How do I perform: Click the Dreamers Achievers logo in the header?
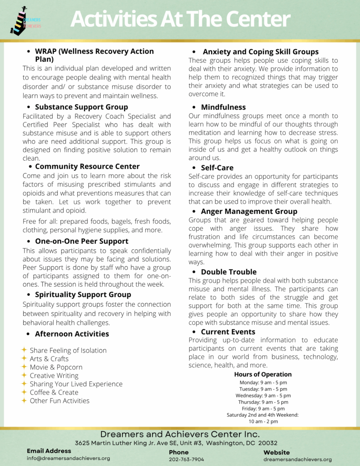(x=25, y=21)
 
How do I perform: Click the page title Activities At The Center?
(x=180, y=19)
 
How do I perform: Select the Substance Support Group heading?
(x=81, y=107)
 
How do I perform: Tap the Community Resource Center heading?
(x=87, y=167)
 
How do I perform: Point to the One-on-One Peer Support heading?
(x=81, y=241)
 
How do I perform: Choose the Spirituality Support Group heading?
(x=83, y=294)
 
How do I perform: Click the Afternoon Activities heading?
(x=72, y=334)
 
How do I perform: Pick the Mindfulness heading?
(x=223, y=107)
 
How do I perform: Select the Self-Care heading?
(x=217, y=168)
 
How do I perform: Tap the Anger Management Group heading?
(x=249, y=211)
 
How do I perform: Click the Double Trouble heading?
(x=228, y=272)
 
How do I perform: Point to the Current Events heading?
(x=228, y=332)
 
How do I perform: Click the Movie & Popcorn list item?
(x=56, y=367)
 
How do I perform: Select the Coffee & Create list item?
(x=54, y=392)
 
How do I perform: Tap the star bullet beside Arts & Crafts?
(x=24, y=359)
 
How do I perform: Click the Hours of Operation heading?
(x=263, y=375)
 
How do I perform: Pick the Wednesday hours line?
(x=263, y=395)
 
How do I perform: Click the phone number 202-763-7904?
(x=187, y=460)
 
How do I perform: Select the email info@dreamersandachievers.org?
(x=68, y=458)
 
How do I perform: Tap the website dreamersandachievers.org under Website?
(x=298, y=460)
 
